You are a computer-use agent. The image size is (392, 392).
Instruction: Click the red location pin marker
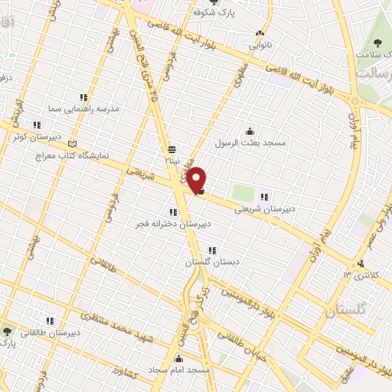[197, 179]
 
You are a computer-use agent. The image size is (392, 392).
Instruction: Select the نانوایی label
[259, 44]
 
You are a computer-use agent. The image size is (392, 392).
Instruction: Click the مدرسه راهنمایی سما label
[84, 110]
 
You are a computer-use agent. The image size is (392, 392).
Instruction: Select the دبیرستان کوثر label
[35, 136]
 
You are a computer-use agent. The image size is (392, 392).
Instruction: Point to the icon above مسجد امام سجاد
[180, 358]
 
